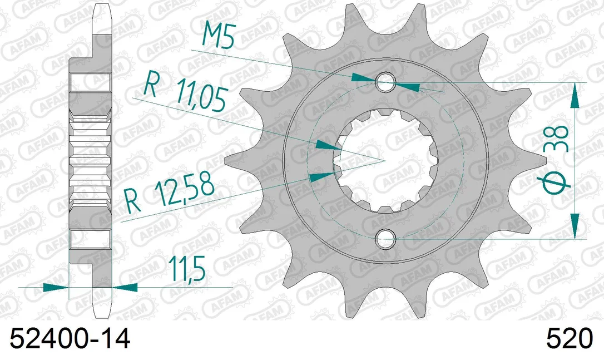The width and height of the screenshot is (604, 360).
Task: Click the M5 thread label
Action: (219, 36)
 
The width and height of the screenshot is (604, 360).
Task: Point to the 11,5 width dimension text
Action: (186, 269)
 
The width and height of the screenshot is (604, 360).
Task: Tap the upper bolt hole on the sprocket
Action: (385, 82)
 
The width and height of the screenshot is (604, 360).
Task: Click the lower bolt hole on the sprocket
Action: (385, 238)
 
